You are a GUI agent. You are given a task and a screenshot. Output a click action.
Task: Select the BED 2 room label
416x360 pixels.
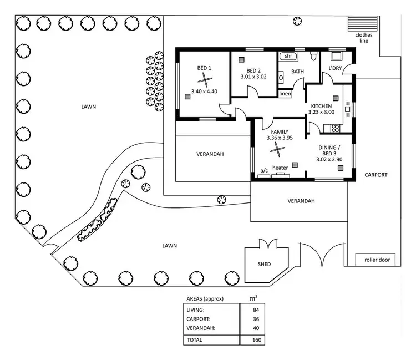point(253,70)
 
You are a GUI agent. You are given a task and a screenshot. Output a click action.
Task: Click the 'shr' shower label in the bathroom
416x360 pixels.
point(288,56)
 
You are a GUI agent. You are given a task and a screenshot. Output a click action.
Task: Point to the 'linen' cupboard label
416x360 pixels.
point(285,94)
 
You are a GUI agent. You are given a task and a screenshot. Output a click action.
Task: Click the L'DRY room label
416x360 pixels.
point(334,68)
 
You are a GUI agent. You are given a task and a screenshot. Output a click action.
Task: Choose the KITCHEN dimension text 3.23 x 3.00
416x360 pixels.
point(321,112)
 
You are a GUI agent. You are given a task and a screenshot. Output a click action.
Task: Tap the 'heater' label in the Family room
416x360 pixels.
point(280,168)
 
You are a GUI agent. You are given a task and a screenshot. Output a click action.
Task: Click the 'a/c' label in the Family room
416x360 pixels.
point(264,170)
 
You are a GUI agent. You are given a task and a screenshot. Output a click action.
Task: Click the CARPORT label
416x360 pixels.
point(376,175)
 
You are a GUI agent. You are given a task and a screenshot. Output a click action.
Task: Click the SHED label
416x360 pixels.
point(265,264)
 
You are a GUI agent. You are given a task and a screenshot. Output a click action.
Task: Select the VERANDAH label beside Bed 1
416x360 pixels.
point(210,154)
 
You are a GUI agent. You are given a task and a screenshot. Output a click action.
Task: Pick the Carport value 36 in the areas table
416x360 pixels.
point(256,319)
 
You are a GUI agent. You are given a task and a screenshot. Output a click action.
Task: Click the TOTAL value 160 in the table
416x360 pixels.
point(256,339)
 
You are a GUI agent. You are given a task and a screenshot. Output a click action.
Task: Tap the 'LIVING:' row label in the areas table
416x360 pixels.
point(196,310)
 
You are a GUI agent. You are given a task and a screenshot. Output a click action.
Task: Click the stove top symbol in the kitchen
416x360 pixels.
point(335,129)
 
